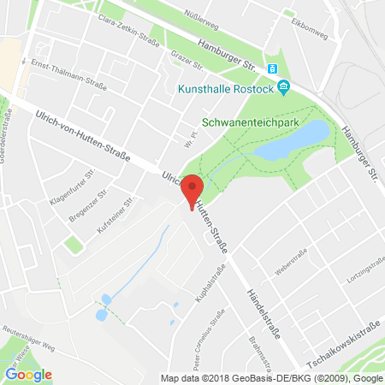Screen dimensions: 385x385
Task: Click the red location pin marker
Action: coord(193,189)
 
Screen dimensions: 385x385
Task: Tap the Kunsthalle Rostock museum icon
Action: coord(286,88)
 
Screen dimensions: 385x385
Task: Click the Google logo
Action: coord(29,374)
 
